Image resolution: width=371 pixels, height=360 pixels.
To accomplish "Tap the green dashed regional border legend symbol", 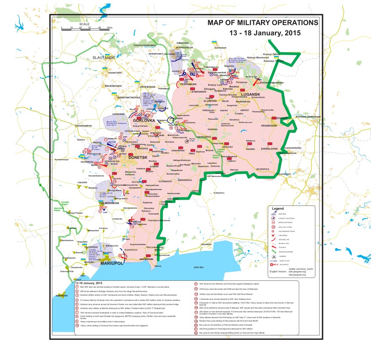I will pyautogui.click(x=274, y=251).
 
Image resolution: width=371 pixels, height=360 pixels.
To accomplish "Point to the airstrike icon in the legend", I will pyautogui.click(x=274, y=214).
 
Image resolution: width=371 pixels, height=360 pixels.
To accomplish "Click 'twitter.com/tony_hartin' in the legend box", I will pyautogui.click(x=301, y=268).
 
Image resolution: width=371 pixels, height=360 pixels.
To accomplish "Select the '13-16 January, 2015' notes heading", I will pyautogui.click(x=88, y=283).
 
